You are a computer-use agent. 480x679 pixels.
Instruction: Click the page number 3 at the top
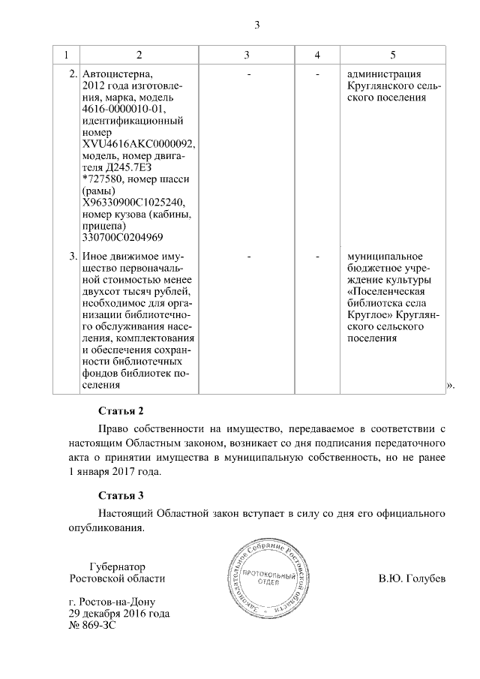pos(256,25)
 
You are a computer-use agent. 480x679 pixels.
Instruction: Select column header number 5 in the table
pos(393,56)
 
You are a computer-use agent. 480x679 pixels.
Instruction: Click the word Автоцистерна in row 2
pos(116,75)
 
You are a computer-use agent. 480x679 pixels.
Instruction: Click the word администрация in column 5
pos(384,75)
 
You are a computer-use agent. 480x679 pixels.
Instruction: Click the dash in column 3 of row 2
pos(248,75)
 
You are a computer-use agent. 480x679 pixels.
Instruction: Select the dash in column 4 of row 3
pos(318,257)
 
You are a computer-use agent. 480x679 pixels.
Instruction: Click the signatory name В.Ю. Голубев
pos(412,579)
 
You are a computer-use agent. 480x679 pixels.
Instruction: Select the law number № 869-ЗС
pos(92,625)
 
